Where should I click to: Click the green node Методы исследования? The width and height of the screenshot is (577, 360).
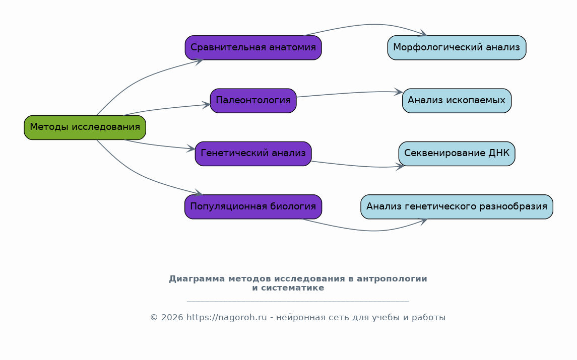point(85,127)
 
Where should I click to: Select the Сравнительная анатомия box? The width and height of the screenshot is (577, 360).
point(253,48)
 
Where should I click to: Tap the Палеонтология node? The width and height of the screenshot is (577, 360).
point(253,101)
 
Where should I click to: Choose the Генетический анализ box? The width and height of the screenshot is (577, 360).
point(253,154)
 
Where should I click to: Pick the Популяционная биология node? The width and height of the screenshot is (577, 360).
point(253,206)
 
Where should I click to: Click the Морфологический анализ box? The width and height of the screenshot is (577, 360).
point(457,48)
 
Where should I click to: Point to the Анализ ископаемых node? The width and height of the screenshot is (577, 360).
point(457,101)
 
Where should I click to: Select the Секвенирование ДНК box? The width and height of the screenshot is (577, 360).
point(457,154)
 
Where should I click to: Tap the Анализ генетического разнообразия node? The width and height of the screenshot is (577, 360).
point(457,206)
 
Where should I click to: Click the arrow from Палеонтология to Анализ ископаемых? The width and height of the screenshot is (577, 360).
point(350,93)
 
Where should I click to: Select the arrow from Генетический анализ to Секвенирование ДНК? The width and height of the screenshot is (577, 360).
point(357,166)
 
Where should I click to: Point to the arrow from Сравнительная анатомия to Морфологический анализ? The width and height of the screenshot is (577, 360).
point(368,25)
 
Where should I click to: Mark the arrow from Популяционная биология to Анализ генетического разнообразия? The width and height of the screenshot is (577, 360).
point(368,231)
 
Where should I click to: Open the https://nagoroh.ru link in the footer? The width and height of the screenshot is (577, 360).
point(227,317)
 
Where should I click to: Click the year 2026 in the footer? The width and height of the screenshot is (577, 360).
point(172,317)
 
